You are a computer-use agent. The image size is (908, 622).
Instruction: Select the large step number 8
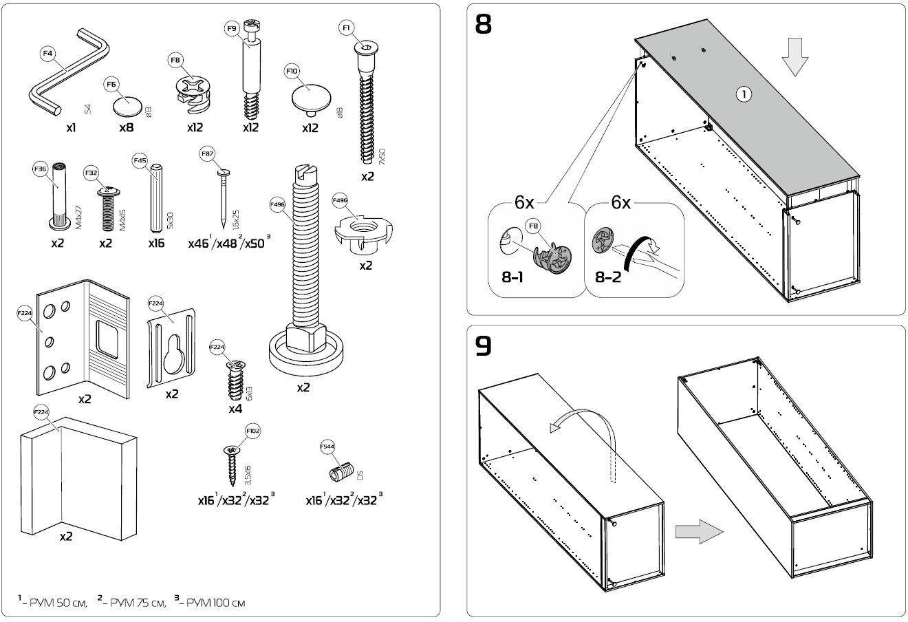(484, 25)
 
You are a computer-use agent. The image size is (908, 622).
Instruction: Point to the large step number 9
(484, 346)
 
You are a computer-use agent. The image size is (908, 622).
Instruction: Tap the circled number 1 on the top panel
(743, 95)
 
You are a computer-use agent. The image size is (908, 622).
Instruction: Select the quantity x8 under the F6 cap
(126, 127)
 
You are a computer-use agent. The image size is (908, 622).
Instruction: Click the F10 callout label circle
(292, 71)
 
